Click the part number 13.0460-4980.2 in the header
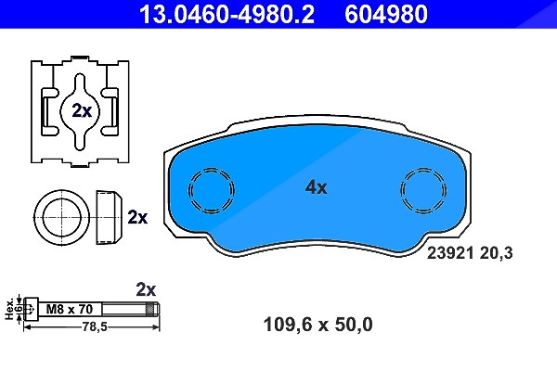tap(227, 14)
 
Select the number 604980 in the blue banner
tap(386, 14)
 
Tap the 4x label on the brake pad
tap(317, 187)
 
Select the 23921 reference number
tap(450, 253)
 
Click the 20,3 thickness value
tap(497, 253)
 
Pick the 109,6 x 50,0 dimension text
tap(317, 325)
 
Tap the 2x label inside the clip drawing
tap(82, 110)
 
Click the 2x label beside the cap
tap(137, 217)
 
